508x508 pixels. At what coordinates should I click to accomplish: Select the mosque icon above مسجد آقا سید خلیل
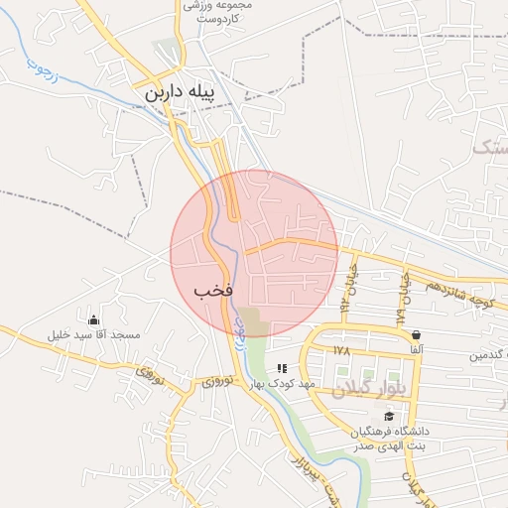[94, 319]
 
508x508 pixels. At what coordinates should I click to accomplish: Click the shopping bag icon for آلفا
[415, 334]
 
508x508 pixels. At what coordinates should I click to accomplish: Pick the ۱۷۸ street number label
[343, 351]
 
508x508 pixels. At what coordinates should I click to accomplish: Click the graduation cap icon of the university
[388, 416]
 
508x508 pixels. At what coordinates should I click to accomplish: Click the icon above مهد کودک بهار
[283, 368]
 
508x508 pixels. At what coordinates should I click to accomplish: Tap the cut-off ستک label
[488, 148]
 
